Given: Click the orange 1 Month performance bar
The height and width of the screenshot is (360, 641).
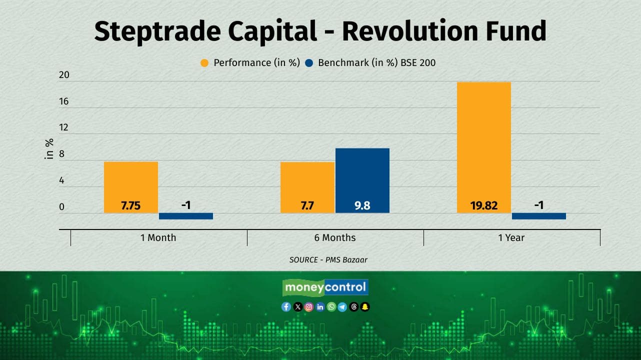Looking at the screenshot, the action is (131, 187).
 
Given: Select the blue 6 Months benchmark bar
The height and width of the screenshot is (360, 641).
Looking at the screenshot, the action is (362, 180).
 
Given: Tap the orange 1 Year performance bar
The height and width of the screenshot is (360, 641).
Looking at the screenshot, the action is (484, 147).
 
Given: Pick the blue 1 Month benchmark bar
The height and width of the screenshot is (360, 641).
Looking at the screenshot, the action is (186, 216).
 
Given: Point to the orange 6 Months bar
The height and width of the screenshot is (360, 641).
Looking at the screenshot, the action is (307, 187).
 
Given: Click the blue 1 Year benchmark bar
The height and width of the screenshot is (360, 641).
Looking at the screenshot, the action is (539, 216).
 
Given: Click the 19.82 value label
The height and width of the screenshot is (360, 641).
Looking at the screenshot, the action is (484, 205).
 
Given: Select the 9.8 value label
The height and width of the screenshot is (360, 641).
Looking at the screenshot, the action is (362, 205).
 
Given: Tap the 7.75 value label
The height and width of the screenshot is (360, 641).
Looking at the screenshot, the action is (131, 205).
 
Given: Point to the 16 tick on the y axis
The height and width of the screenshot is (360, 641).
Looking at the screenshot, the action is (64, 101).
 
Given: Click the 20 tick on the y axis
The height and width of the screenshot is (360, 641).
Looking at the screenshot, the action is (64, 75).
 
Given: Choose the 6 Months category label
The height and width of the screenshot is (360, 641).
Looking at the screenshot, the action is (335, 237).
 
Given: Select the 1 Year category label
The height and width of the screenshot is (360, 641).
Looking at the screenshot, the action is (511, 237).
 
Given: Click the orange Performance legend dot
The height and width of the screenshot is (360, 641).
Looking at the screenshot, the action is (204, 63).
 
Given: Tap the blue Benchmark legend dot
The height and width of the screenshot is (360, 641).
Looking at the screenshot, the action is (309, 63).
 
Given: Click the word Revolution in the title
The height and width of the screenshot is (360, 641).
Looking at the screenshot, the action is (410, 31).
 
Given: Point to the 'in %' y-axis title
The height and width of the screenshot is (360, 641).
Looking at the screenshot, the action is (49, 149).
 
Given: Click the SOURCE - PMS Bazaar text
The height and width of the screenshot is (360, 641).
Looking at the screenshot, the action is (328, 260).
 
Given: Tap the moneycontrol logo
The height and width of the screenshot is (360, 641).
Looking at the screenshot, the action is (325, 287).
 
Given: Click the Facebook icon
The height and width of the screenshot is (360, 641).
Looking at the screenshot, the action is (286, 307).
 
